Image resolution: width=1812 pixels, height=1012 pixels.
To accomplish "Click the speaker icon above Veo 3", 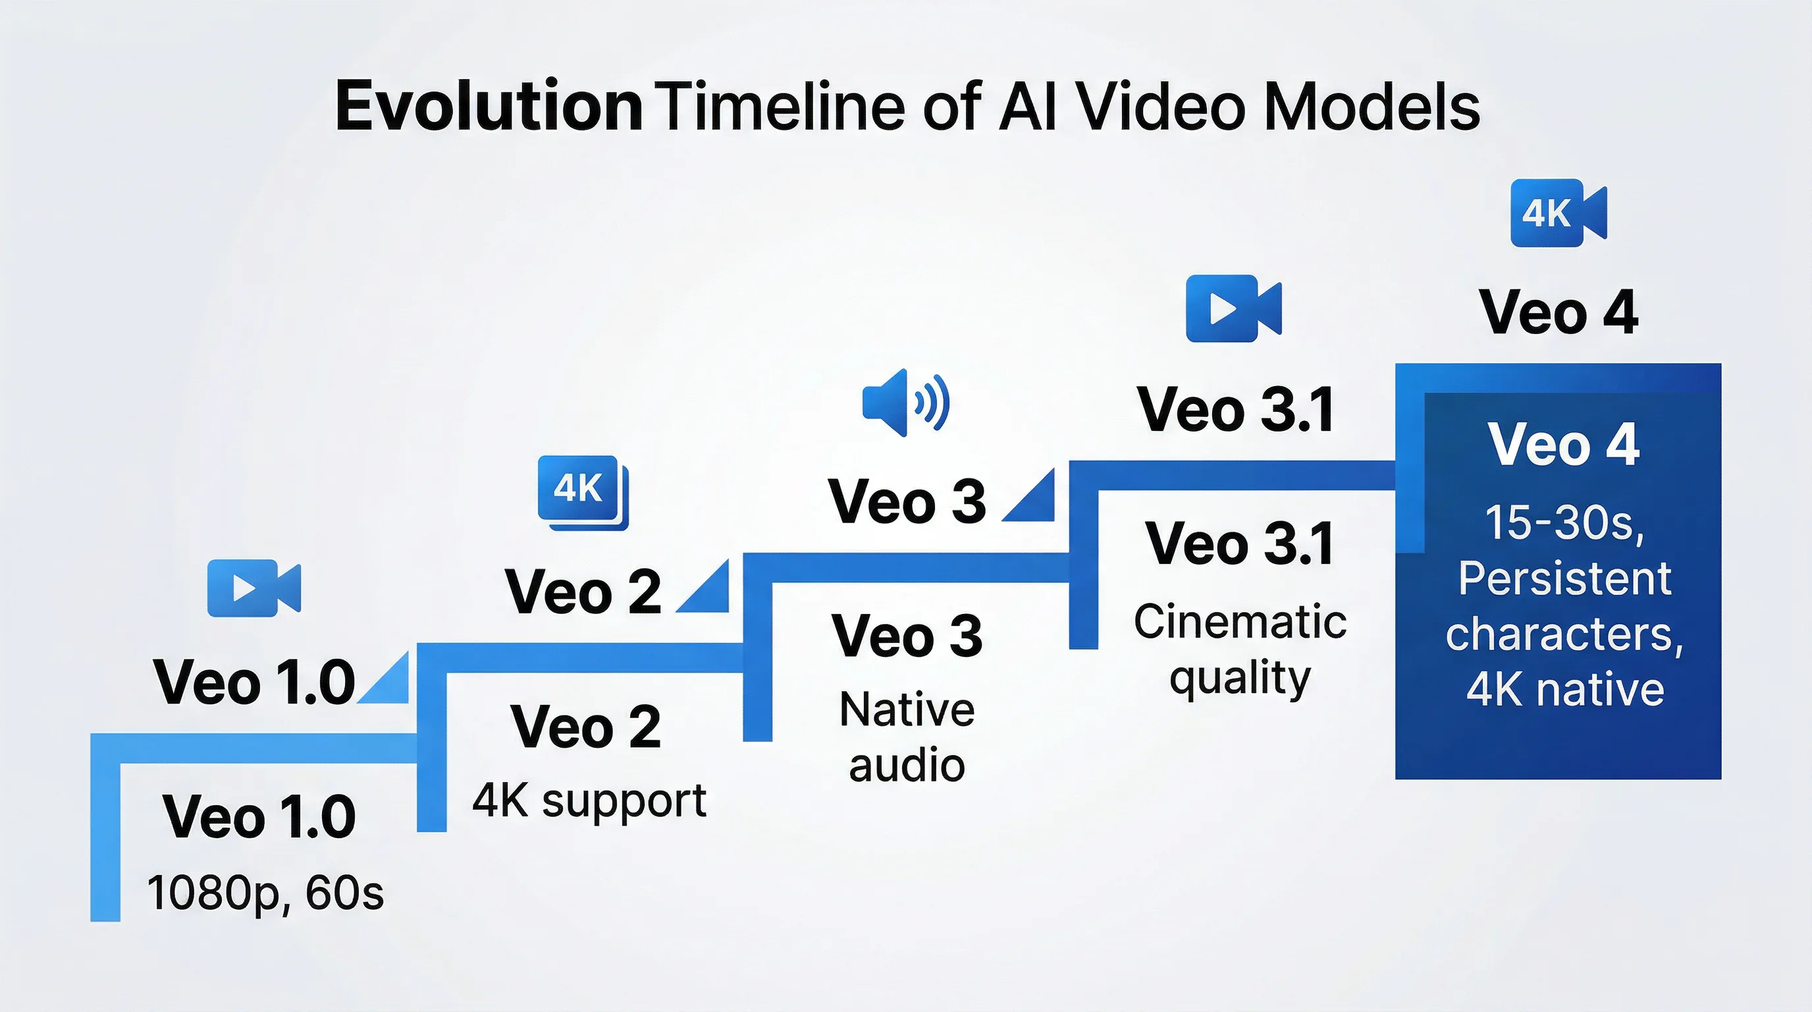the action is coord(906,403).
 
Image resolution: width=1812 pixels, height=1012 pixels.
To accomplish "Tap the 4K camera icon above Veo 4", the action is coord(1558,213).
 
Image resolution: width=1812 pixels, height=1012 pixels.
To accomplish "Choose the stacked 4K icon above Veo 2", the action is coord(583,493).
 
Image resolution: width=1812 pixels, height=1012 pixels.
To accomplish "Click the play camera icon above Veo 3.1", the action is coord(1234,308).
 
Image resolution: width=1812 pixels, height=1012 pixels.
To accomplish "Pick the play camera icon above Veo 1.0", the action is coord(254,588).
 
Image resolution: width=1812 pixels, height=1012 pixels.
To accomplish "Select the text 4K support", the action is coord(589,801).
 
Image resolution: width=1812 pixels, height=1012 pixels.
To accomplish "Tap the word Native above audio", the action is coord(907,709).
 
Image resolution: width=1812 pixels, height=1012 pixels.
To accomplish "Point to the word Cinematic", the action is coord(1240,621).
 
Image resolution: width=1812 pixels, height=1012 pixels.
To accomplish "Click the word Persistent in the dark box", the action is coord(1564,578).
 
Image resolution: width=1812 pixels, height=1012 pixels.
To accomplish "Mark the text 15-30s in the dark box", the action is coord(1564,524).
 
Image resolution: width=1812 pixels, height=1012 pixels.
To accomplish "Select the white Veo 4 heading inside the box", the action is coord(1563,445).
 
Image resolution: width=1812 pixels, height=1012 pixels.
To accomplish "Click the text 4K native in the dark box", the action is coord(1565,689).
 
